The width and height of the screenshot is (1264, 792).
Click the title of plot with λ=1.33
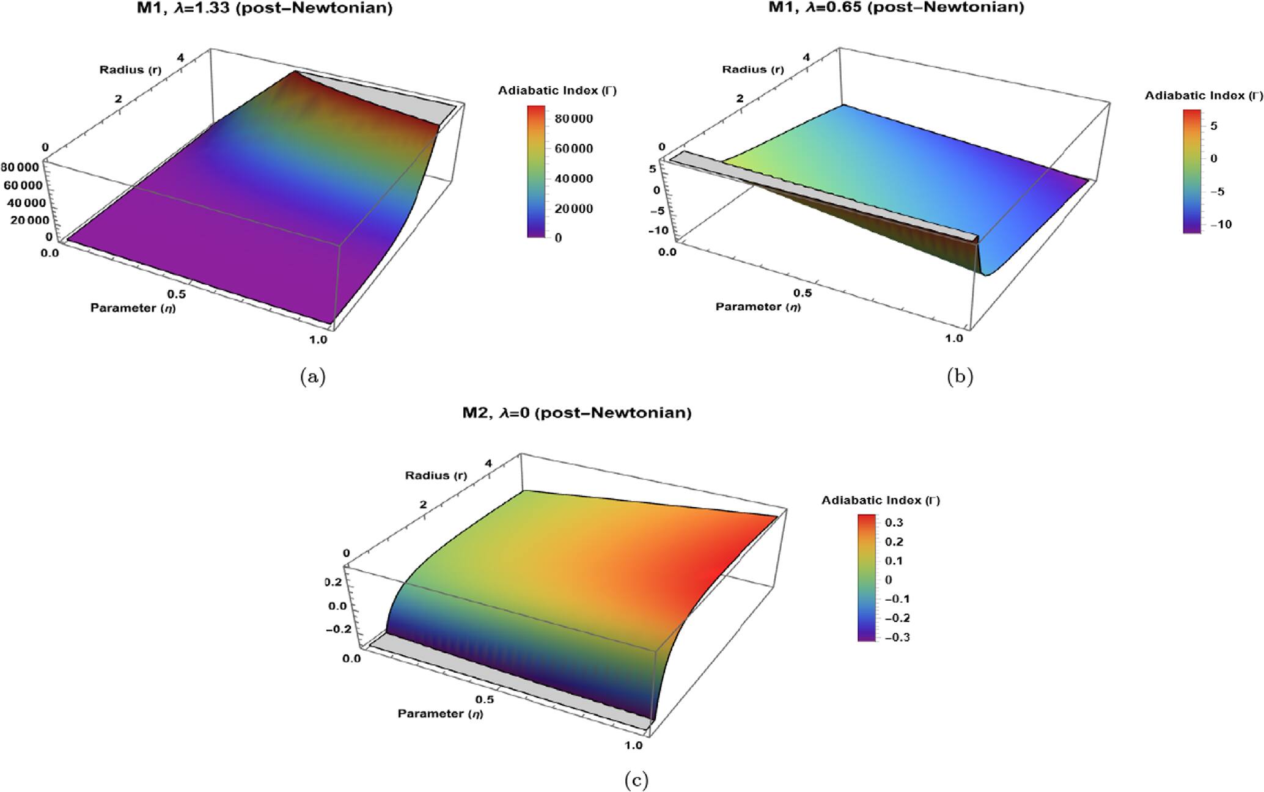click(264, 8)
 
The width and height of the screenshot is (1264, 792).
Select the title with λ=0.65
click(896, 7)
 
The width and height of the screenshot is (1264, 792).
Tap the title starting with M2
click(576, 413)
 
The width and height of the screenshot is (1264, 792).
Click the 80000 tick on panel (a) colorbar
click(573, 119)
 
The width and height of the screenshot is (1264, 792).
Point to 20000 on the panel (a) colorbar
click(573, 208)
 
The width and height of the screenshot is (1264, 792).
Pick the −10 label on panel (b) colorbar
click(1216, 224)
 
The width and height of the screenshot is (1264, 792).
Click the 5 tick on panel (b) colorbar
click(1214, 126)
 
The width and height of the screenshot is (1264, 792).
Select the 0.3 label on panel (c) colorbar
click(894, 522)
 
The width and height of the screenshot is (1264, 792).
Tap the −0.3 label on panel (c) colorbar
click(897, 637)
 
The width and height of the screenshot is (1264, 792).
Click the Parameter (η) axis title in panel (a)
click(133, 307)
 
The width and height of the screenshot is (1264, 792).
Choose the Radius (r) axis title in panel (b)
click(752, 69)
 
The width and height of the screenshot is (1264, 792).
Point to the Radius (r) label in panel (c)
click(436, 475)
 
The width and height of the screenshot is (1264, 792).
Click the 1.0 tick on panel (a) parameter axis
click(318, 340)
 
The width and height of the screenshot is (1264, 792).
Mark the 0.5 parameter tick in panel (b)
click(803, 293)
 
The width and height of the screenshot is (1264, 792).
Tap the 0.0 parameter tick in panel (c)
click(351, 658)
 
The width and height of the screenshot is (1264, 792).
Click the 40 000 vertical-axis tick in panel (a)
click(24, 203)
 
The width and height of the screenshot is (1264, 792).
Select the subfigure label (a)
click(313, 377)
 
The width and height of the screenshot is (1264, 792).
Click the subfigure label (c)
click(636, 780)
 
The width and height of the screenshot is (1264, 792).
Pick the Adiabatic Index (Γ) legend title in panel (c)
click(880, 501)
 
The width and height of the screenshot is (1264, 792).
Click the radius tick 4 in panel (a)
click(180, 57)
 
